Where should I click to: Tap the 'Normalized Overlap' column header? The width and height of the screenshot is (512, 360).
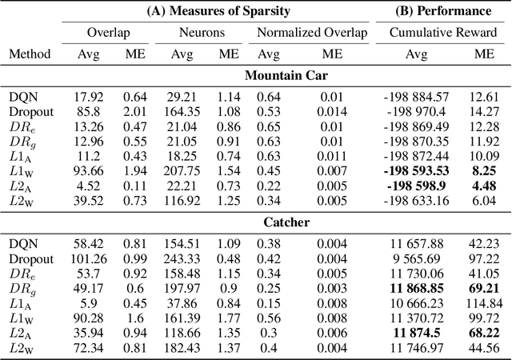[308, 34]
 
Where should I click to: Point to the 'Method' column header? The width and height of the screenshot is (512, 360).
[30, 54]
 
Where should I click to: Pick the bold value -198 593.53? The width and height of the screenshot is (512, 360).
[416, 170]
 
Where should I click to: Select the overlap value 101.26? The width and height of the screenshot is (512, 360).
[86, 259]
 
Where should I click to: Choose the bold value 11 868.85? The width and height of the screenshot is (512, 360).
[416, 288]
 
